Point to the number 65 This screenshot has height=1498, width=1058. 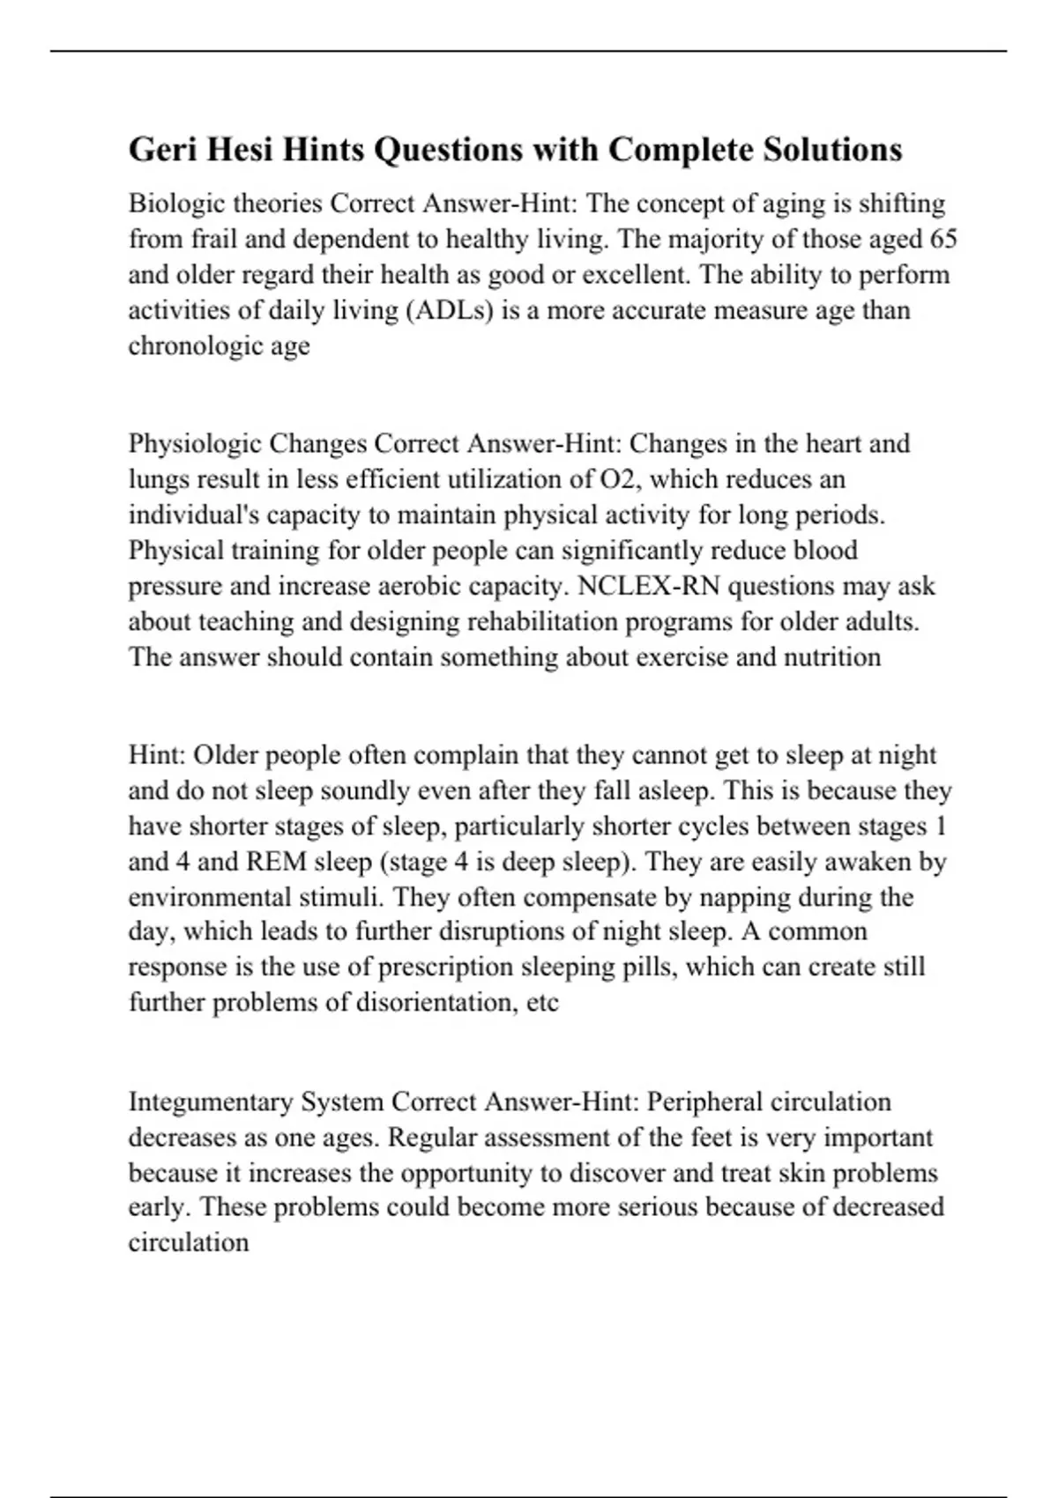pyautogui.click(x=943, y=239)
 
